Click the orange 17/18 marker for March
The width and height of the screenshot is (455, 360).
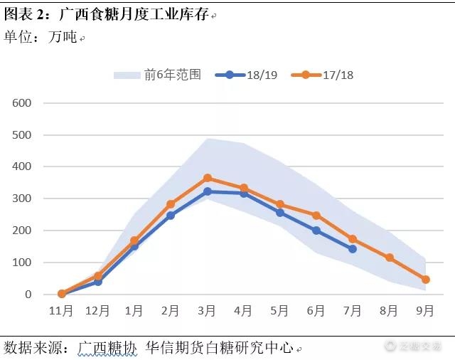coord(208,178)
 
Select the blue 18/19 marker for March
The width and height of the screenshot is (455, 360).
coord(208,191)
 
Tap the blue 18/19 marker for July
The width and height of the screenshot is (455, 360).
coord(353,249)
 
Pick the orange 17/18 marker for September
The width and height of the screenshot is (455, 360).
coord(426,280)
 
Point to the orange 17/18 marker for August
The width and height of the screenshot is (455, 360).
coord(390,258)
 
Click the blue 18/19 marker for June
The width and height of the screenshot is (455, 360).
coord(316,231)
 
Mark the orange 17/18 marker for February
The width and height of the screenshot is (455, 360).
coord(171,204)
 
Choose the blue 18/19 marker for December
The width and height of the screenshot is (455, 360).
coord(98,282)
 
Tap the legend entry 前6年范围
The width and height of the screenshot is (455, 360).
coord(158,75)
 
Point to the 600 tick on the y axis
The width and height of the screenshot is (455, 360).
coord(23,103)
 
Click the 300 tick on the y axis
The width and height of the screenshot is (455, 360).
coord(23,198)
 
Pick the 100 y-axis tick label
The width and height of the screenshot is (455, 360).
coord(23,263)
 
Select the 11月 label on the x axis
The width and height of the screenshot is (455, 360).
coord(61,311)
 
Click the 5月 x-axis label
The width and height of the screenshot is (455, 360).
coord(280,311)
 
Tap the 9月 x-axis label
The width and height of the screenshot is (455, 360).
coord(426,311)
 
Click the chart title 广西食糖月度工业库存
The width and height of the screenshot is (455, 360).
coord(134,14)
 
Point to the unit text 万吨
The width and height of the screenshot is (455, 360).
coord(63,37)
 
